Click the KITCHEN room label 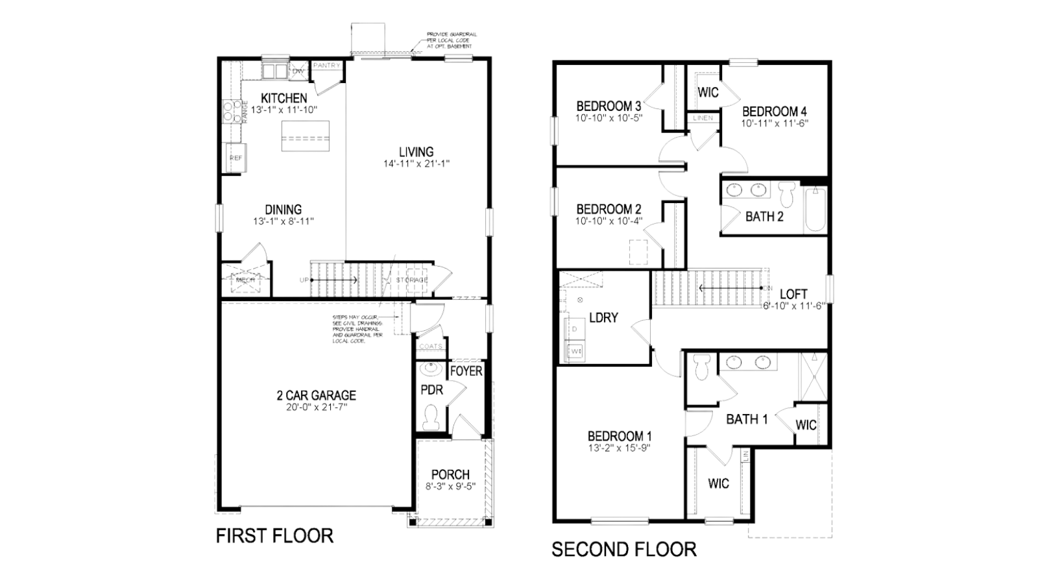(284, 98)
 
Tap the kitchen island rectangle (305, 136)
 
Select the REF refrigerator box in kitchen (235, 158)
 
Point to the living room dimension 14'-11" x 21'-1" (416, 164)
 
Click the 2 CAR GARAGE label (316, 395)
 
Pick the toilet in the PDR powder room (431, 416)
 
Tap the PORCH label (450, 475)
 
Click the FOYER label (466, 371)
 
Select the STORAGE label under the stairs (413, 280)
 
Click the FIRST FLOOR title (274, 536)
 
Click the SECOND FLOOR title (623, 550)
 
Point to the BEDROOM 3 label (609, 106)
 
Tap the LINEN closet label (703, 118)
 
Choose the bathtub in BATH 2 (815, 210)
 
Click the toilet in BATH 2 (787, 193)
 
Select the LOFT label (793, 294)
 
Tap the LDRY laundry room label (603, 318)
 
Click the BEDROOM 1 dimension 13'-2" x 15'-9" (620, 448)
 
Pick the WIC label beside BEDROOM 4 (708, 92)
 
